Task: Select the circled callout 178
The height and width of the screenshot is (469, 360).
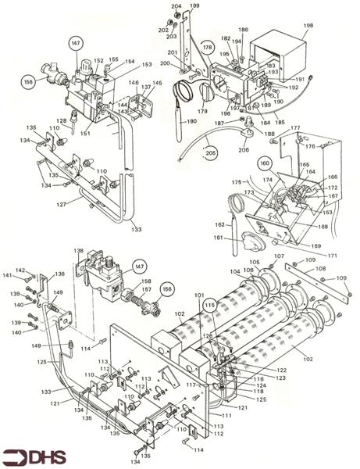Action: point(207,48)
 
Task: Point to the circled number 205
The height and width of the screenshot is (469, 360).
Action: point(209,154)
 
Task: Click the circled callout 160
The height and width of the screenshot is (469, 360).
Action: point(264,164)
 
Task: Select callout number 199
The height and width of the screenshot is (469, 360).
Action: point(194,5)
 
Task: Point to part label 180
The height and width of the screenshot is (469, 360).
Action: point(191,123)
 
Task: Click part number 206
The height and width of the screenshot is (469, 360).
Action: point(244,150)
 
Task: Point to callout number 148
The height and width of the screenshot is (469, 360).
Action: point(35,345)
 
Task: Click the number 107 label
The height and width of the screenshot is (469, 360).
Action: point(278,256)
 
